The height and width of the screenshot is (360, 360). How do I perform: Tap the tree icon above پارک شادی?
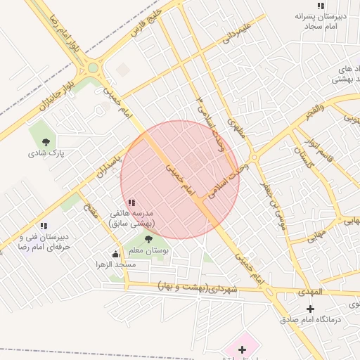(x=46, y=141)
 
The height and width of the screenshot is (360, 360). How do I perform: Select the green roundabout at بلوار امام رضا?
(x=93, y=68)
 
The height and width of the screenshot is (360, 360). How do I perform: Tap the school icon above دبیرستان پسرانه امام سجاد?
(x=321, y=6)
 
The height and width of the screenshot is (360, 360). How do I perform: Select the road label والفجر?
(x=310, y=112)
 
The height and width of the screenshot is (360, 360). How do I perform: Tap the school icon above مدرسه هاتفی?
(x=131, y=202)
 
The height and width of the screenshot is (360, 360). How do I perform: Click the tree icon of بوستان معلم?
(x=148, y=239)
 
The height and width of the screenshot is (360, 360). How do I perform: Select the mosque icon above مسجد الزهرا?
(x=115, y=254)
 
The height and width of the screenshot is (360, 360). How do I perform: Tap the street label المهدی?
(x=309, y=291)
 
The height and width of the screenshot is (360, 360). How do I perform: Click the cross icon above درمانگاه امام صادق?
(x=311, y=309)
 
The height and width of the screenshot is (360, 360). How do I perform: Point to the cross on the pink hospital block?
(x=243, y=349)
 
